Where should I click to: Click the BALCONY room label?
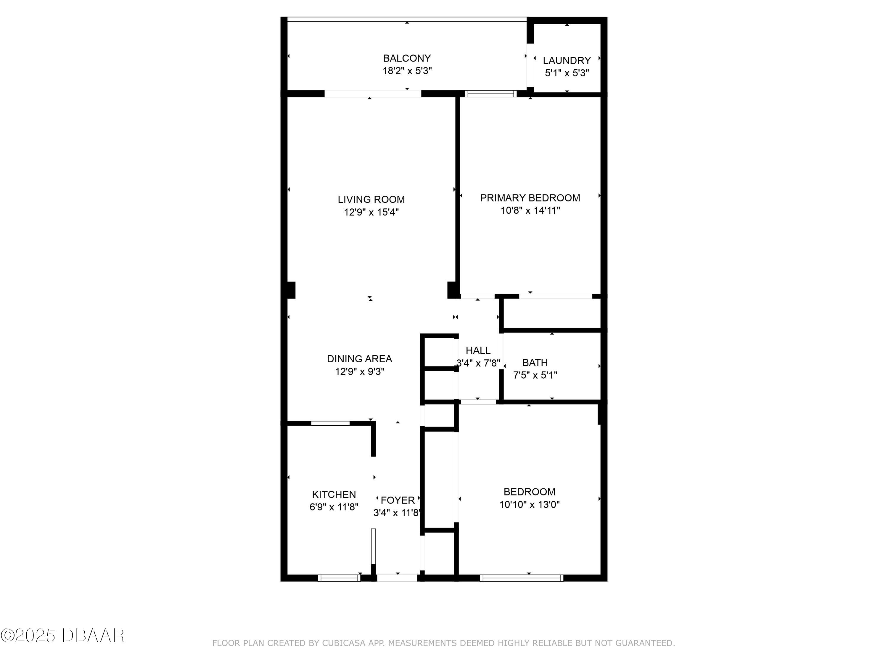point(407,58)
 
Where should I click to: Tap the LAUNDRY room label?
point(567,61)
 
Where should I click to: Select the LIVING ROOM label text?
point(371,200)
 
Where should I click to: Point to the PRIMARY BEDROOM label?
point(530,198)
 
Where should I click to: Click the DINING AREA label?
point(359,359)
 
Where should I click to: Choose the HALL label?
point(478,350)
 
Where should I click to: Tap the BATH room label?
point(535,363)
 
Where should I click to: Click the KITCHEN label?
point(334,495)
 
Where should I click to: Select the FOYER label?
point(398,500)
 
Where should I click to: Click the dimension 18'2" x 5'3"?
point(407,71)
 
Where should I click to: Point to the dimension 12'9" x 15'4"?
point(371,212)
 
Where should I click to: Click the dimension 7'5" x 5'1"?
point(535,375)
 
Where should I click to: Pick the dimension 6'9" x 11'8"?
point(334,507)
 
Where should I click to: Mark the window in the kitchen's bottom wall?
point(339,578)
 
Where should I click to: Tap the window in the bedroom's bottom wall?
point(522,578)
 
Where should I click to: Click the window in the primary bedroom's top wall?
point(490,94)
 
